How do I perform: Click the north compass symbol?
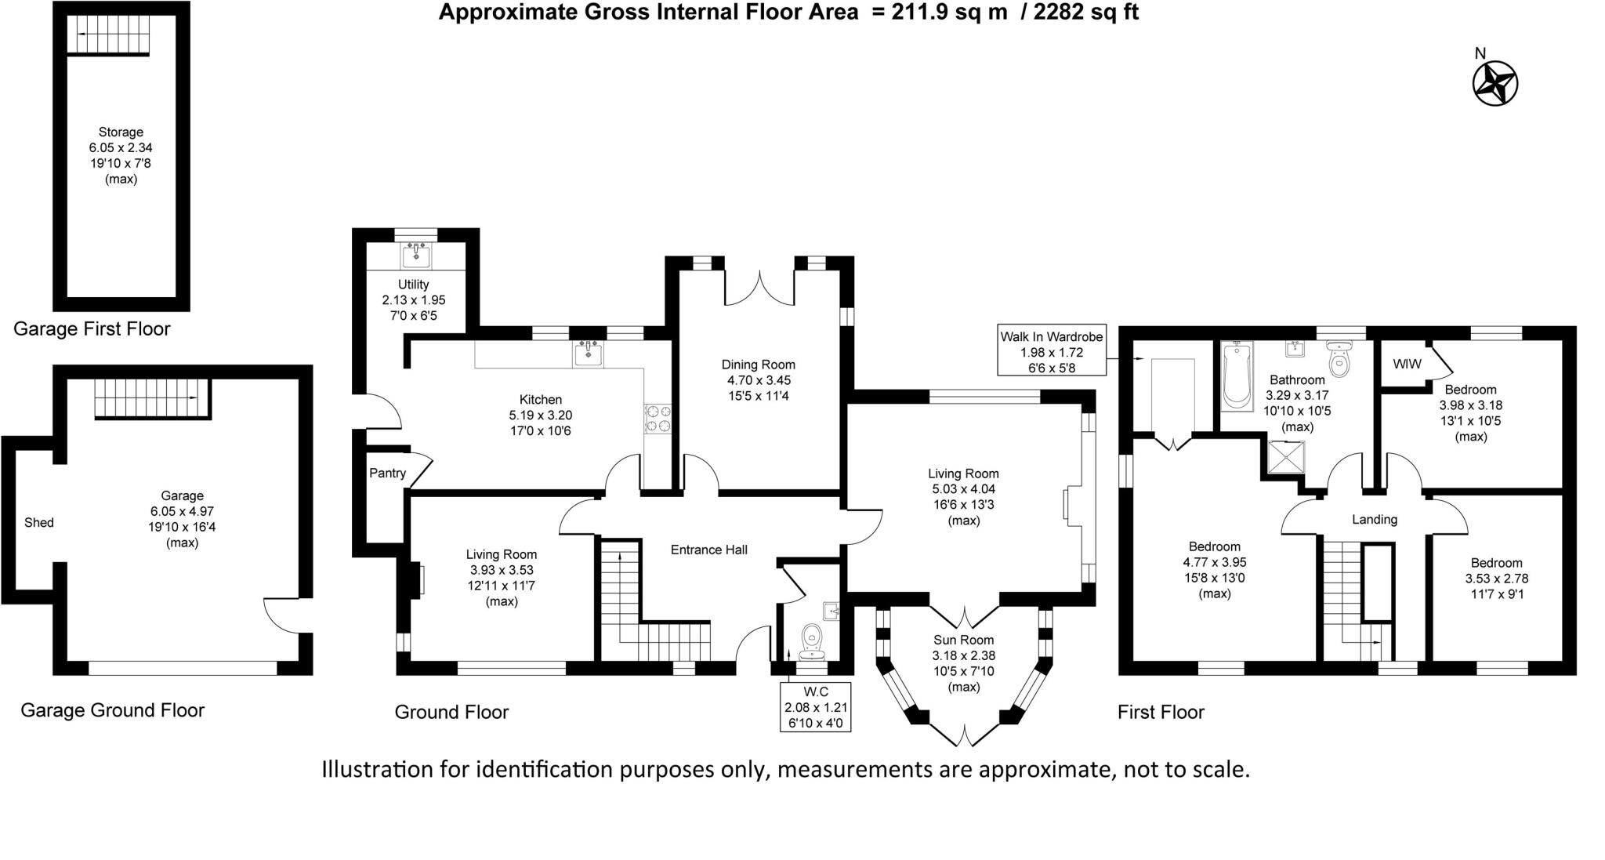click(1495, 83)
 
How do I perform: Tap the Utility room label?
click(413, 285)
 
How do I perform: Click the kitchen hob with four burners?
click(658, 418)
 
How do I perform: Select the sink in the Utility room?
click(416, 255)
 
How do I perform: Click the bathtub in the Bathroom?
click(1237, 376)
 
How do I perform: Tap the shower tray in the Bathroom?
click(1286, 459)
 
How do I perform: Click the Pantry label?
click(387, 473)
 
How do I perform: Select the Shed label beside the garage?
click(39, 523)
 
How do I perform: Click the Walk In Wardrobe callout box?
click(1051, 351)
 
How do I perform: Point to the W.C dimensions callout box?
click(815, 706)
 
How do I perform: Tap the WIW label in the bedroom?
click(1407, 365)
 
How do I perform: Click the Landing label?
click(1374, 519)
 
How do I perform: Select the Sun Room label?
click(963, 640)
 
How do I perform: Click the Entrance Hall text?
click(708, 550)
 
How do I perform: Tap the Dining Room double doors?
click(759, 289)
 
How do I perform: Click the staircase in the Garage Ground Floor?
click(152, 398)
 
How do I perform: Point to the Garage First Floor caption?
click(92, 328)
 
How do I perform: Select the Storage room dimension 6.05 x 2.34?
click(121, 147)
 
